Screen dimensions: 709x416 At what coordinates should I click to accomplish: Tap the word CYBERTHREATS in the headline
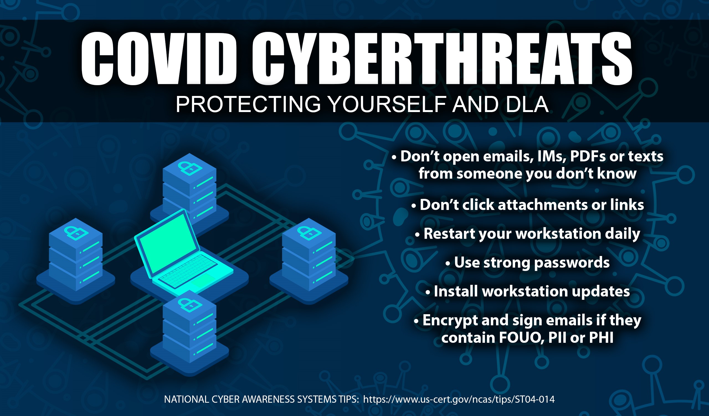coord(442,58)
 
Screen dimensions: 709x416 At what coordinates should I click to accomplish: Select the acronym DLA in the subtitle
coord(527,104)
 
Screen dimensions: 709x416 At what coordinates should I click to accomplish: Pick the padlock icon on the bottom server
coord(190,305)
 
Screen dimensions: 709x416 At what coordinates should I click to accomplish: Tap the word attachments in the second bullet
coord(543,205)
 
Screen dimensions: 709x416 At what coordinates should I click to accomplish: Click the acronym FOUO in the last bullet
coord(521,338)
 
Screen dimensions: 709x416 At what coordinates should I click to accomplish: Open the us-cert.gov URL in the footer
coord(459,399)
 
